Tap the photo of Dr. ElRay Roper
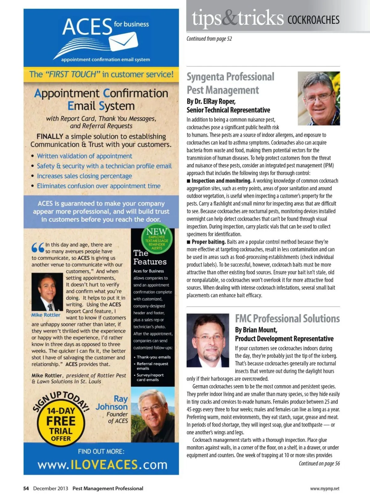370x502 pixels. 319,98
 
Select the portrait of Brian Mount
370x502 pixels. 208,340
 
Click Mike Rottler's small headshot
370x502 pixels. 47,292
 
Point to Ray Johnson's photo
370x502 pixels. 153,415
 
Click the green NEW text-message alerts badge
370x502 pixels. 157,239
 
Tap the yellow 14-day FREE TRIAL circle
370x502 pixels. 61,424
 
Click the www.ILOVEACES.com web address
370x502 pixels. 102,465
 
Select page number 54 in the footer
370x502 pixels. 26,488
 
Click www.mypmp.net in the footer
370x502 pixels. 325,489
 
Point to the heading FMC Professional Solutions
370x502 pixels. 287,318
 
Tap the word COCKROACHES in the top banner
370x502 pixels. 313,20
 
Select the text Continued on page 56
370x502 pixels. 319,463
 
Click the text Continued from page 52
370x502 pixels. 209,39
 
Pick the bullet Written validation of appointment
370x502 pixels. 84,156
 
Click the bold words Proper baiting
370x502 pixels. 208,242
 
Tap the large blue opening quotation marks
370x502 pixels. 38,248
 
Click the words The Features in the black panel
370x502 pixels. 150,257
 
